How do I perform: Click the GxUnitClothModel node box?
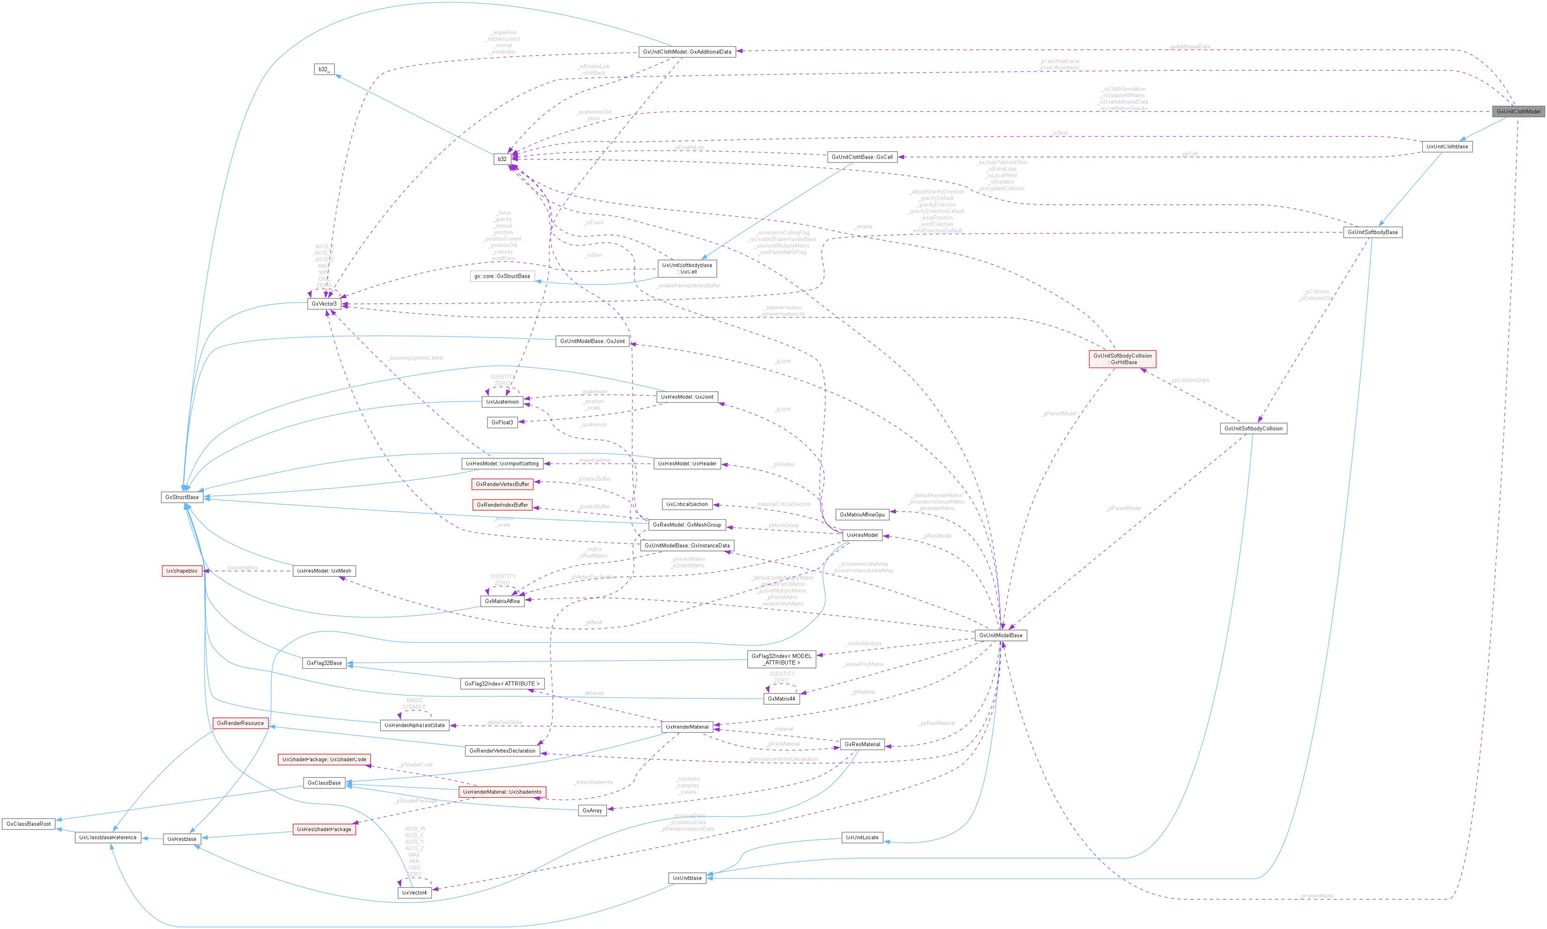[1518, 111]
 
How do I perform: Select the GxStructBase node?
[182, 497]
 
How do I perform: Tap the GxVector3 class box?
[324, 304]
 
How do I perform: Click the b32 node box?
[502, 159]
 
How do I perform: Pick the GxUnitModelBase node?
[1000, 636]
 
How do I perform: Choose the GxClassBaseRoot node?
[28, 824]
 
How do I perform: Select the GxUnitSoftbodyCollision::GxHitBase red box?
[1123, 359]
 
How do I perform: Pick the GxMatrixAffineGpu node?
[862, 514]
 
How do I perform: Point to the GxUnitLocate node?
[862, 838]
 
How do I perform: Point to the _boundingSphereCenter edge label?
[415, 358]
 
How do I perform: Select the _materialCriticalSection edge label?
[783, 504]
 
